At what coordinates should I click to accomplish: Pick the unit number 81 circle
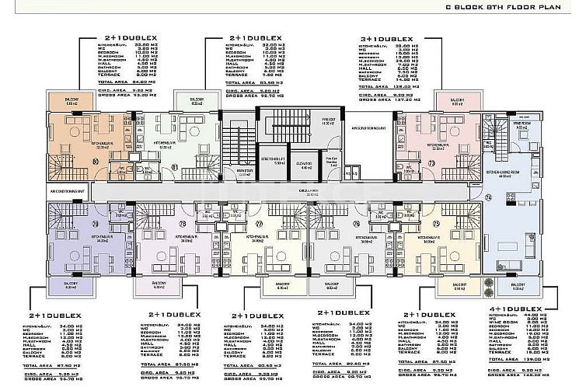(x=176, y=166)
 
